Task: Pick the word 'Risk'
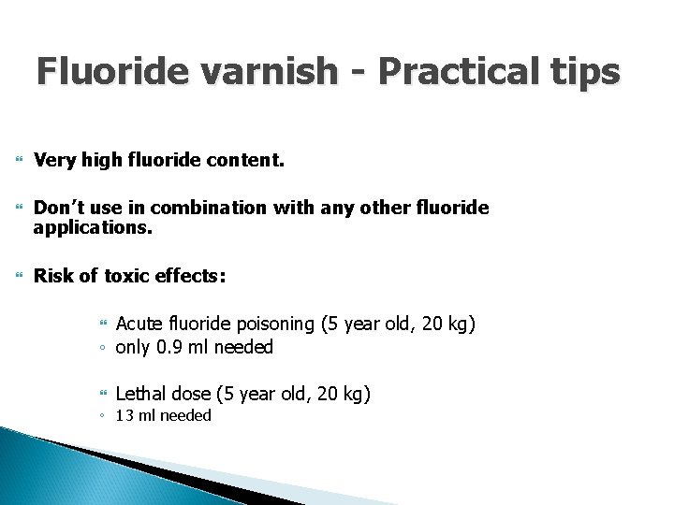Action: coord(52,276)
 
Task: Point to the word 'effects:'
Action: coord(190,276)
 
